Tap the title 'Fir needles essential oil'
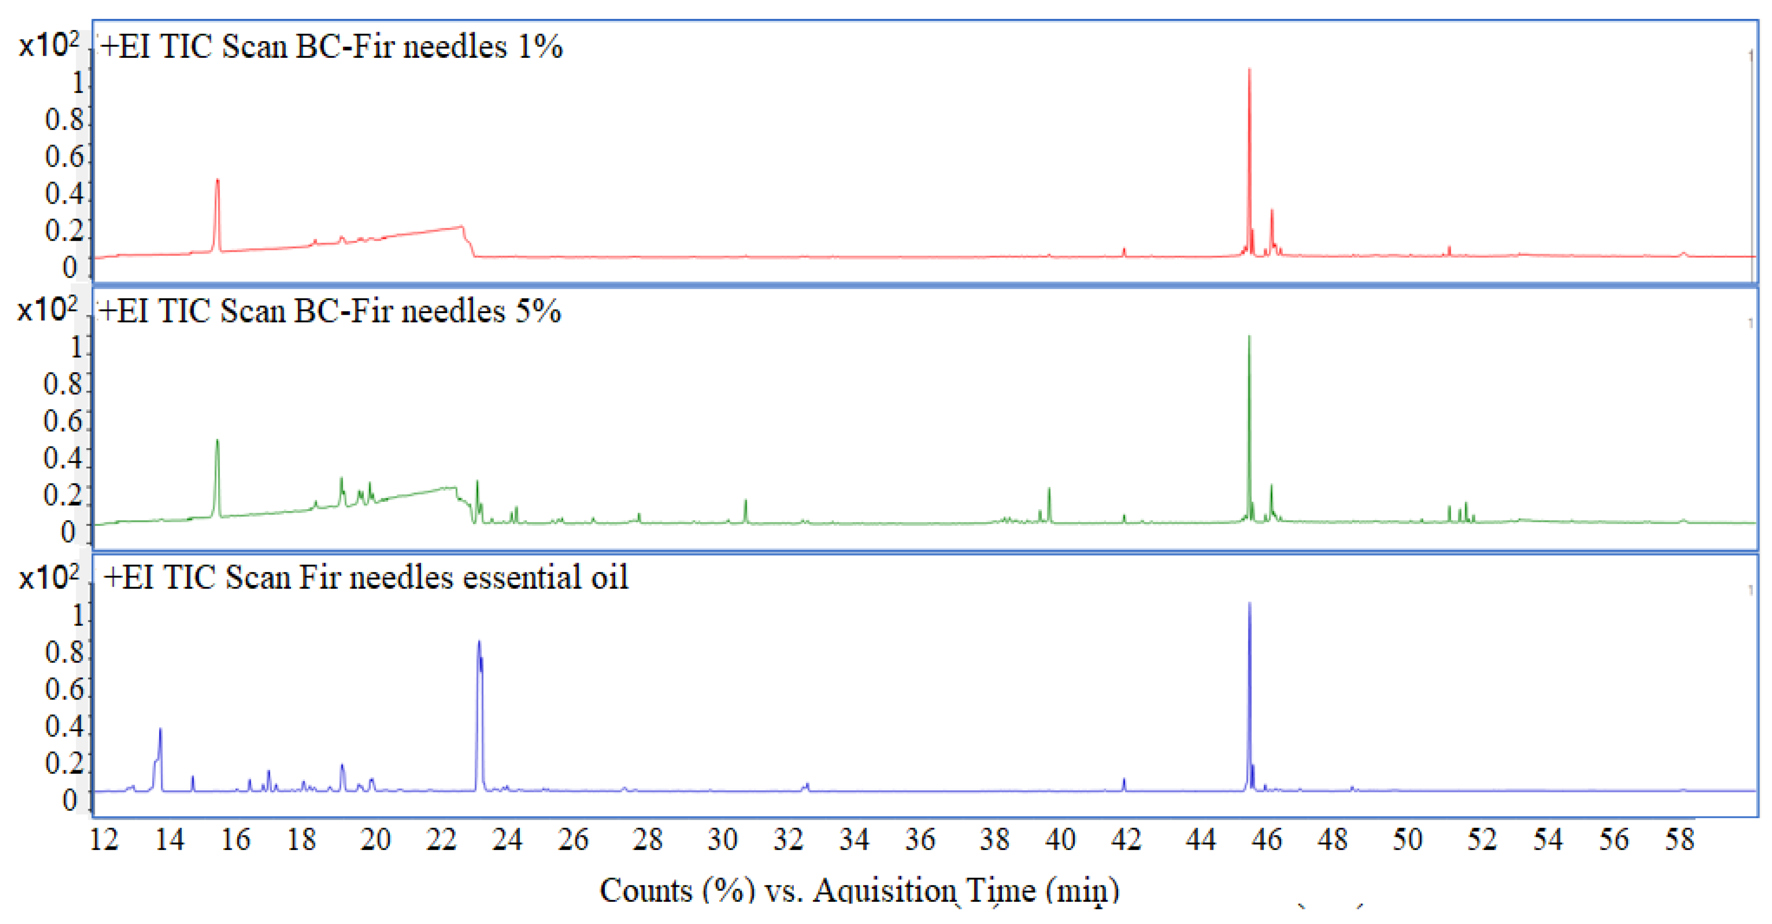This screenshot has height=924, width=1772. pyautogui.click(x=365, y=577)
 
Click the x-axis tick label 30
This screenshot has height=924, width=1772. pyautogui.click(x=722, y=839)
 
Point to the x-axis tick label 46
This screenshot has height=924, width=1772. pyautogui.click(x=1266, y=839)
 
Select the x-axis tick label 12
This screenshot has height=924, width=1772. pyautogui.click(x=104, y=839)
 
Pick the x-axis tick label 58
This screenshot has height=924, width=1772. pyautogui.click(x=1679, y=839)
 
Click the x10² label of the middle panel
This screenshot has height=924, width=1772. pyautogui.click(x=47, y=310)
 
